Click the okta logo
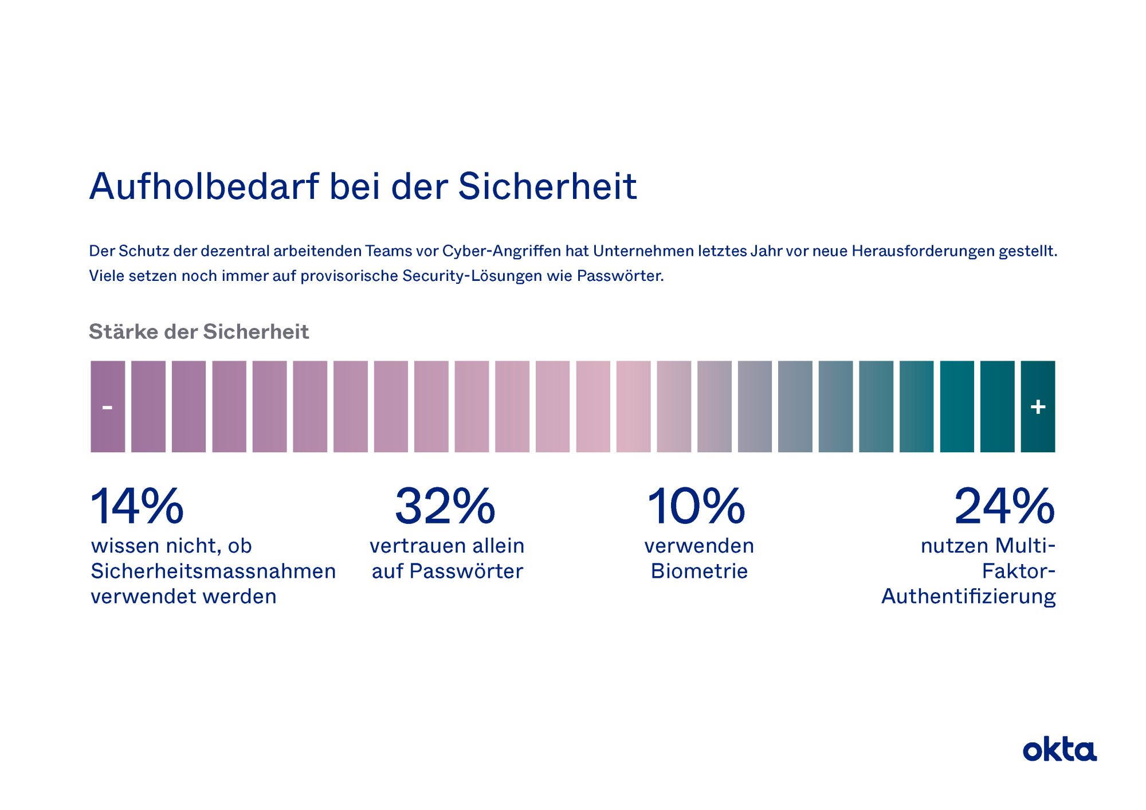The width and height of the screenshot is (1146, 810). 1059,750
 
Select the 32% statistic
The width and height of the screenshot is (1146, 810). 445,506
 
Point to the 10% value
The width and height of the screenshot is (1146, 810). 696,506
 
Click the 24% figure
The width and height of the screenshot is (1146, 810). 1004,506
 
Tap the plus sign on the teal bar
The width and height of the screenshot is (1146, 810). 1038,407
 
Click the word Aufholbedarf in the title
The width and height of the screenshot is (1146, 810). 204,187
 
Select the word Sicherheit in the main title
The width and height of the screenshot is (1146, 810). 547,187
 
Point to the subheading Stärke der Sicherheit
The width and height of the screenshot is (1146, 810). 199,332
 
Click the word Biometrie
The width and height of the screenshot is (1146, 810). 699,572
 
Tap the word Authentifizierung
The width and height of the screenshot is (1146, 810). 968,597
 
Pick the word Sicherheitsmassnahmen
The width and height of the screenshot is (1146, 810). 213,572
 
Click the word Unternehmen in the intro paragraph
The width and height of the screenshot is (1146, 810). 643,251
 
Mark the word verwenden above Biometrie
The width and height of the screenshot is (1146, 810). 699,546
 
